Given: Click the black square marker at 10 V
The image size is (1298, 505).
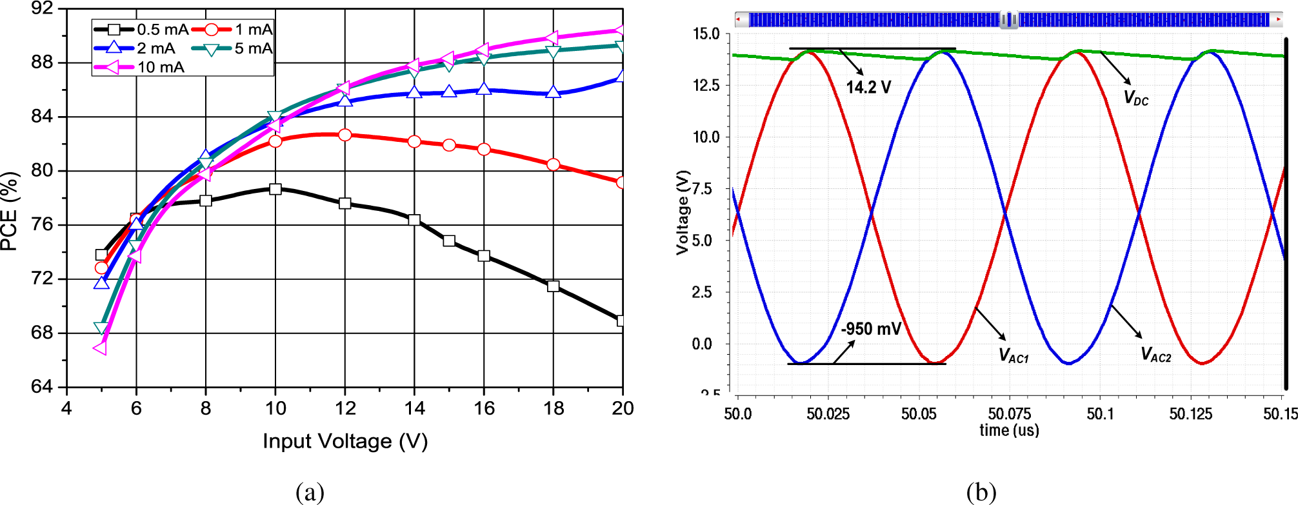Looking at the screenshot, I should [x=275, y=189].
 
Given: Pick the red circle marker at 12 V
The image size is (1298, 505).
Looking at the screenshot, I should [x=345, y=135].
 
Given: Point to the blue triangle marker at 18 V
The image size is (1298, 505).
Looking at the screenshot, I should [x=553, y=92].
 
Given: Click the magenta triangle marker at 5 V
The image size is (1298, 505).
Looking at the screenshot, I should [x=101, y=348].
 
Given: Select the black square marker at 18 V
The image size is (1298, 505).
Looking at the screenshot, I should [x=553, y=286].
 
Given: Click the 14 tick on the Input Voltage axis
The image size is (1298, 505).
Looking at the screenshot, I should [x=414, y=408].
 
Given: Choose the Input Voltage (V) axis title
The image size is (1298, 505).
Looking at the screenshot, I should [x=345, y=441].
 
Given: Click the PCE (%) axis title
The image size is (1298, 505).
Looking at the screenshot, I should [x=10, y=211].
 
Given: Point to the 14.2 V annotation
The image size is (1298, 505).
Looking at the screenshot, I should [x=868, y=87].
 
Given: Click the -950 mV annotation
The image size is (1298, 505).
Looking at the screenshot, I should [x=871, y=329].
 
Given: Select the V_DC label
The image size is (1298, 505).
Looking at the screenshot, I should [x=1136, y=98].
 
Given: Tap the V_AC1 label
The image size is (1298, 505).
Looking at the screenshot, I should [x=1013, y=355].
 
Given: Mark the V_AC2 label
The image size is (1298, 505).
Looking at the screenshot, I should [x=1155, y=355].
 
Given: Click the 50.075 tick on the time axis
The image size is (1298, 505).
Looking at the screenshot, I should [x=1009, y=414].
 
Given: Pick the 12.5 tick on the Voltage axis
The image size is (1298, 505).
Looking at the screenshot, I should [x=706, y=86].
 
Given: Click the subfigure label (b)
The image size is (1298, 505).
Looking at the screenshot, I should [x=981, y=493].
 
